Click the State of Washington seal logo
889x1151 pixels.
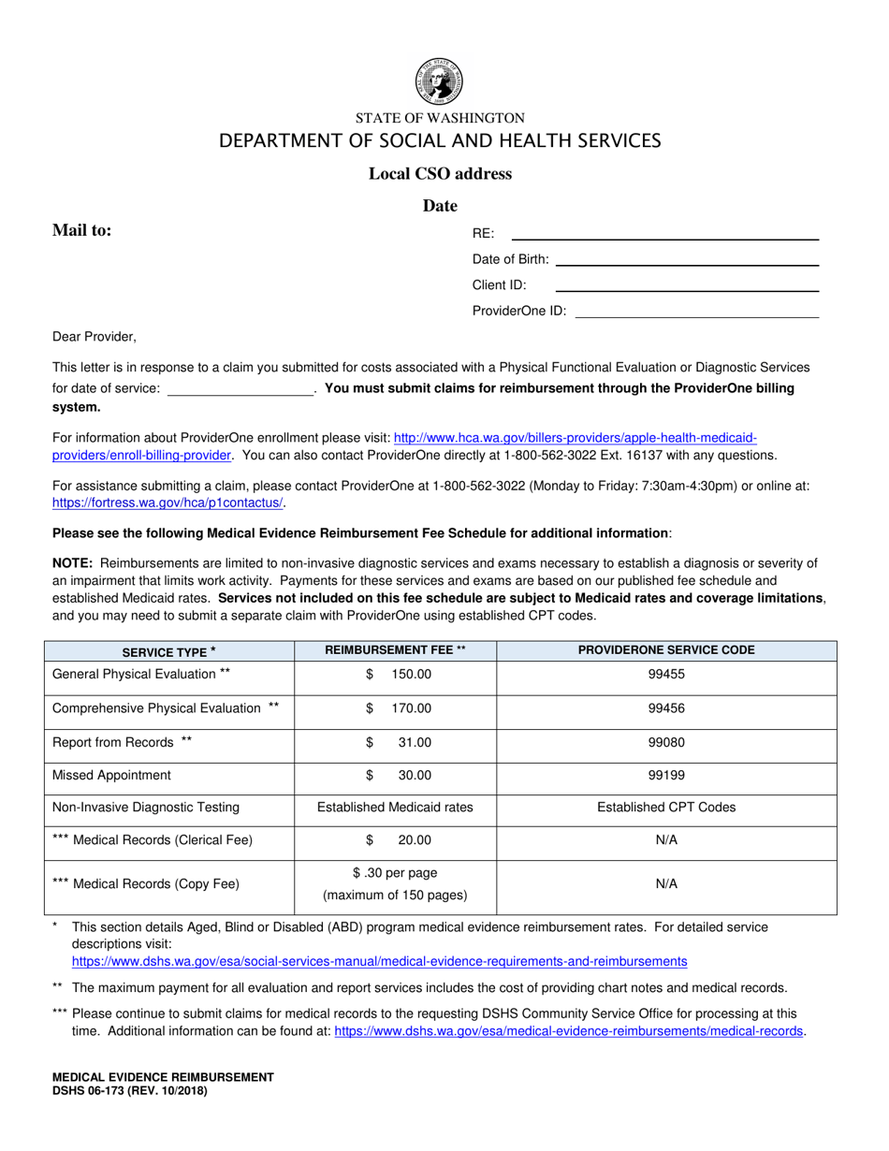pos(439,81)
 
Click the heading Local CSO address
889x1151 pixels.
pos(440,173)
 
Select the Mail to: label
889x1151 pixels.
pos(82,230)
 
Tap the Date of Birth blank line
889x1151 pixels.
pos(688,263)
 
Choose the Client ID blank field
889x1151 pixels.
pos(688,289)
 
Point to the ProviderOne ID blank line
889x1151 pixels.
pos(697,315)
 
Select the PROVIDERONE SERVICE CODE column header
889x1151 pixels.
pos(666,650)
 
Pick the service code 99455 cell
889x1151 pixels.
pos(666,674)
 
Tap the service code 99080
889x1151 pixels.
pos(666,742)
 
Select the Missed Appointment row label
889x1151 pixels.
pos(111,775)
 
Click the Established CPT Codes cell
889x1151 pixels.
pos(666,808)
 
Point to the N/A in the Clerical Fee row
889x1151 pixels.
pos(666,840)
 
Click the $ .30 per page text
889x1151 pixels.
pos(395,873)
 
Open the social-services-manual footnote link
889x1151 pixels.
pos(379,961)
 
